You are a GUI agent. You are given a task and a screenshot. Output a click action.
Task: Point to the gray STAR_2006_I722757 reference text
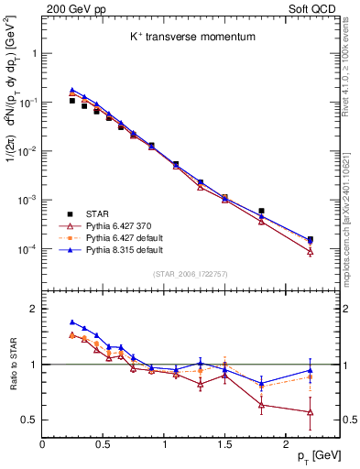pos(191,275)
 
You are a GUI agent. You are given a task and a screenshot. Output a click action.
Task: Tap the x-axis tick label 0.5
pos(104,444)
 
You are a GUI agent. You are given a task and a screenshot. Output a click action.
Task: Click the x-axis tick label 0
pos(42,444)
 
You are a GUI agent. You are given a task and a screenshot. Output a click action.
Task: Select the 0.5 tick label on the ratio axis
pos(28,420)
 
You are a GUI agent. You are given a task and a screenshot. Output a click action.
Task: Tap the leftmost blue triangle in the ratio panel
pos(72,322)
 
